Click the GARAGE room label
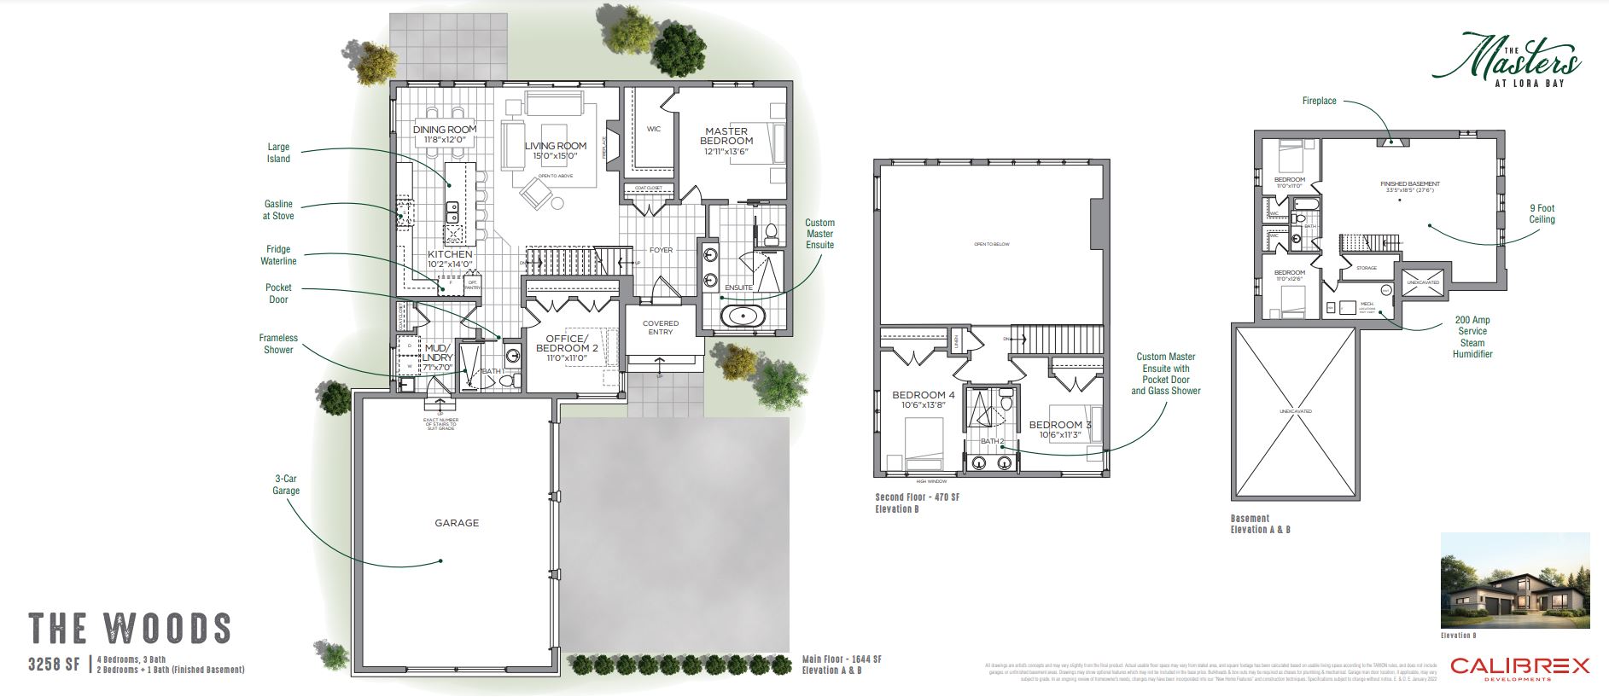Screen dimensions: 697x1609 [x=457, y=523]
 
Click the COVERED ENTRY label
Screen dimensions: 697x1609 [x=661, y=328]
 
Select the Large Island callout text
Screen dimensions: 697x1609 [x=278, y=153]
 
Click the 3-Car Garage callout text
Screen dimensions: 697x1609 [x=286, y=485]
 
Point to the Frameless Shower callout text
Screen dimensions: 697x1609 [x=278, y=344]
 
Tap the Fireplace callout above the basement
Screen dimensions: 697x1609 [x=1319, y=101]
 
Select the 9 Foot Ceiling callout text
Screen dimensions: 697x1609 [x=1542, y=214]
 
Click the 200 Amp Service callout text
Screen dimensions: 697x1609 [x=1472, y=326]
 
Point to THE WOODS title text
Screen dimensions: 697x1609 [x=130, y=629]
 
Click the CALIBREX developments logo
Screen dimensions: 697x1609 [x=1519, y=668]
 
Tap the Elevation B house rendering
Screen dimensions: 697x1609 [x=1514, y=581]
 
